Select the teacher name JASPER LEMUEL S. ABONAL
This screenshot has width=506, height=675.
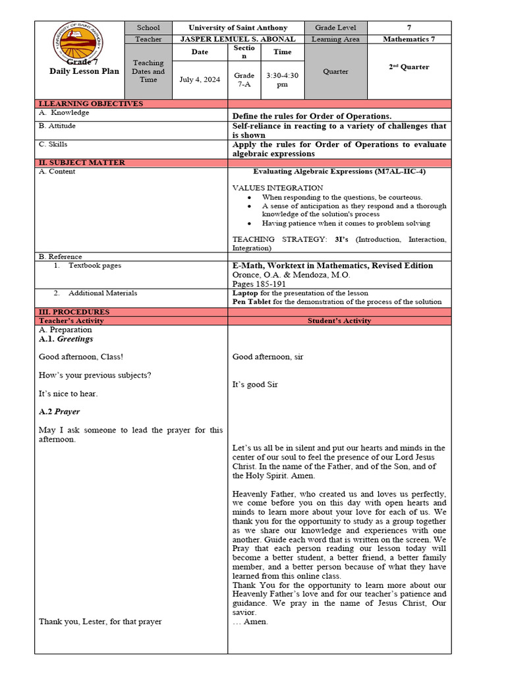click(238, 39)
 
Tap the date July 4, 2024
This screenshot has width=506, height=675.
click(200, 80)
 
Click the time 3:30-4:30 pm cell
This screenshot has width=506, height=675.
click(282, 80)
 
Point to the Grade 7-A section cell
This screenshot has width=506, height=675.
click(244, 80)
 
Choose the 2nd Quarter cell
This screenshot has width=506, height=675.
click(408, 67)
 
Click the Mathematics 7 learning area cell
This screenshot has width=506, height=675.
click(408, 39)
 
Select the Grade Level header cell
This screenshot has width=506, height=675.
click(335, 28)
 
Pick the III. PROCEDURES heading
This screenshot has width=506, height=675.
click(74, 312)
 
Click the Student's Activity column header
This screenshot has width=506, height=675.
click(339, 321)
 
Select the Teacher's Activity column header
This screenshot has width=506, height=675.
click(71, 321)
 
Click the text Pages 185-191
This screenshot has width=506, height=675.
click(259, 284)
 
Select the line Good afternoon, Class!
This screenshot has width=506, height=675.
click(81, 357)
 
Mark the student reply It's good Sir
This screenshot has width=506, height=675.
click(255, 384)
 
